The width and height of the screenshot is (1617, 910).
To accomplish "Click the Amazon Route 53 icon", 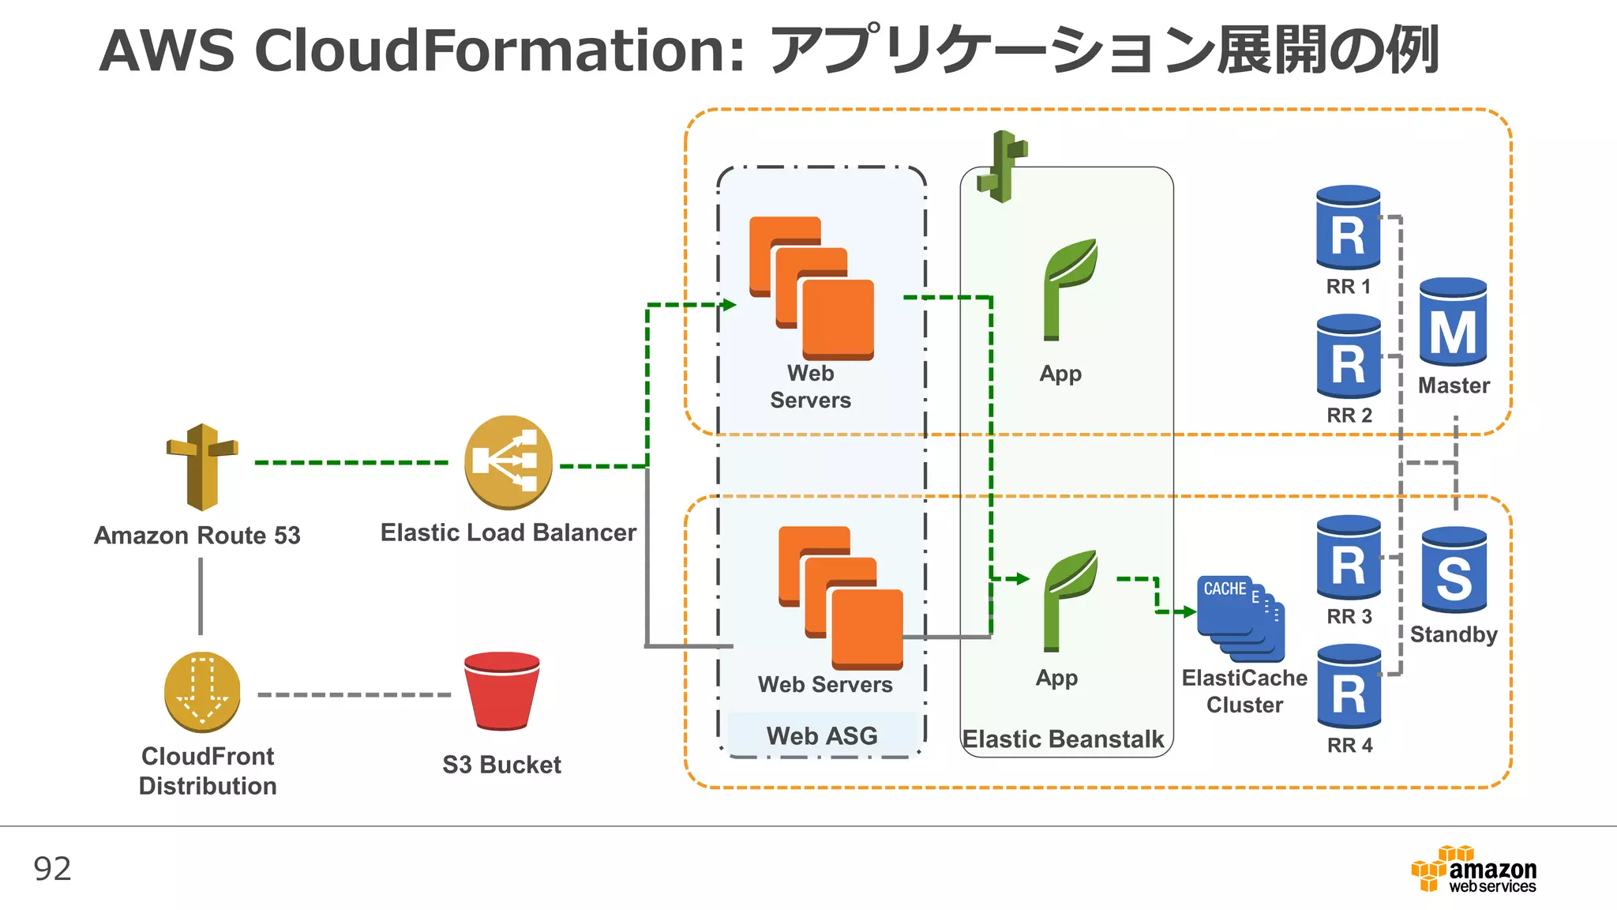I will tap(202, 466).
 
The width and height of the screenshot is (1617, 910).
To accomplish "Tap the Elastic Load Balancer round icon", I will tap(508, 462).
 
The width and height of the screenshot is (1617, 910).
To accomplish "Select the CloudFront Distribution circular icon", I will tap(202, 692).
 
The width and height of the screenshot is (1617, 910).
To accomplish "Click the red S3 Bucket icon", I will tap(502, 690).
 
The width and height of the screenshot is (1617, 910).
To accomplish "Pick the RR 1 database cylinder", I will tap(1349, 228).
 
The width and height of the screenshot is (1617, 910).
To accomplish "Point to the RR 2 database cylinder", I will tap(1349, 357).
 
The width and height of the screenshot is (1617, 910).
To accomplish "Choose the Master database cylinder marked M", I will tap(1453, 322).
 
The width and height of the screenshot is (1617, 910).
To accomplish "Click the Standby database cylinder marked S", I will tap(1454, 570).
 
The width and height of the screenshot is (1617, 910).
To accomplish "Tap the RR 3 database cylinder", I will tap(1349, 558).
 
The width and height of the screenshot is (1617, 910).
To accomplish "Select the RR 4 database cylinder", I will tap(1349, 686).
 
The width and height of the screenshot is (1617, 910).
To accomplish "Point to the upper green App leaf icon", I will tap(1068, 289).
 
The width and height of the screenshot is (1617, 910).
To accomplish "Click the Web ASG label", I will tap(822, 736).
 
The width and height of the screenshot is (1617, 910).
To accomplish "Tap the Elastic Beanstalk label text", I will tap(1063, 739).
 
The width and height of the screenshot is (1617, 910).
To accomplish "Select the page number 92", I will tap(52, 869).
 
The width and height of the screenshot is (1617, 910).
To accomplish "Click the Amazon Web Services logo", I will tap(1474, 870).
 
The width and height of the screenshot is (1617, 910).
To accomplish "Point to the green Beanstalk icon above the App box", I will tap(1002, 167).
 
